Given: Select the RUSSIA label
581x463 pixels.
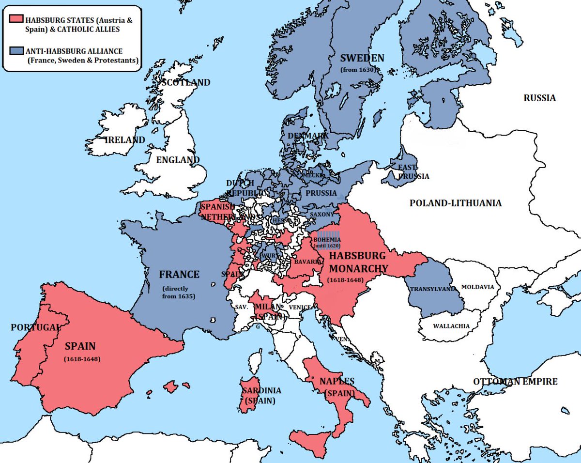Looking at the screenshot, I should pyautogui.click(x=539, y=98).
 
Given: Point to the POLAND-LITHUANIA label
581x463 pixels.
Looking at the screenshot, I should pyautogui.click(x=455, y=203).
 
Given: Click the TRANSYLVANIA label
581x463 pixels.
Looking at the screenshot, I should pyautogui.click(x=433, y=289).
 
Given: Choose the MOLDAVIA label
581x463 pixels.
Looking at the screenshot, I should pyautogui.click(x=477, y=287).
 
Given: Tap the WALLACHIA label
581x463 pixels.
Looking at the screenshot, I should pyautogui.click(x=451, y=326).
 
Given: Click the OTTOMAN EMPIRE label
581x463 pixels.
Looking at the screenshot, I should pyautogui.click(x=515, y=381).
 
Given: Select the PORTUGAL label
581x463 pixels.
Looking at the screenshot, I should pyautogui.click(x=35, y=327).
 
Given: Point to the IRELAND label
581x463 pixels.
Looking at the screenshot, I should pyautogui.click(x=125, y=140).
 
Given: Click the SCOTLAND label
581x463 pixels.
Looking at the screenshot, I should pyautogui.click(x=186, y=82).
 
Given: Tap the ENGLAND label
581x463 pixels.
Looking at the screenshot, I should pyautogui.click(x=178, y=160).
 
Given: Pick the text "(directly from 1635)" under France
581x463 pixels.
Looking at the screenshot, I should pyautogui.click(x=179, y=293).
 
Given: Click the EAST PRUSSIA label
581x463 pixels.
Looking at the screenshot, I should pyautogui.click(x=413, y=171).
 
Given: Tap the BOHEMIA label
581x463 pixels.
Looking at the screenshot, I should pyautogui.click(x=327, y=239).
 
